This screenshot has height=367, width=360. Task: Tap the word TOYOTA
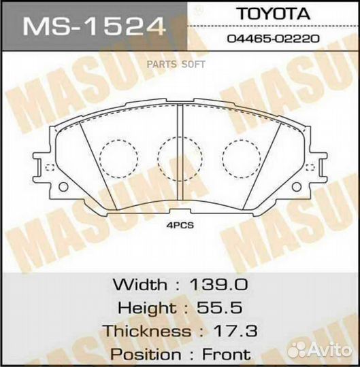tap(279, 14)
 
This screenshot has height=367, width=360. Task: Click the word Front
tap(227, 354)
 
